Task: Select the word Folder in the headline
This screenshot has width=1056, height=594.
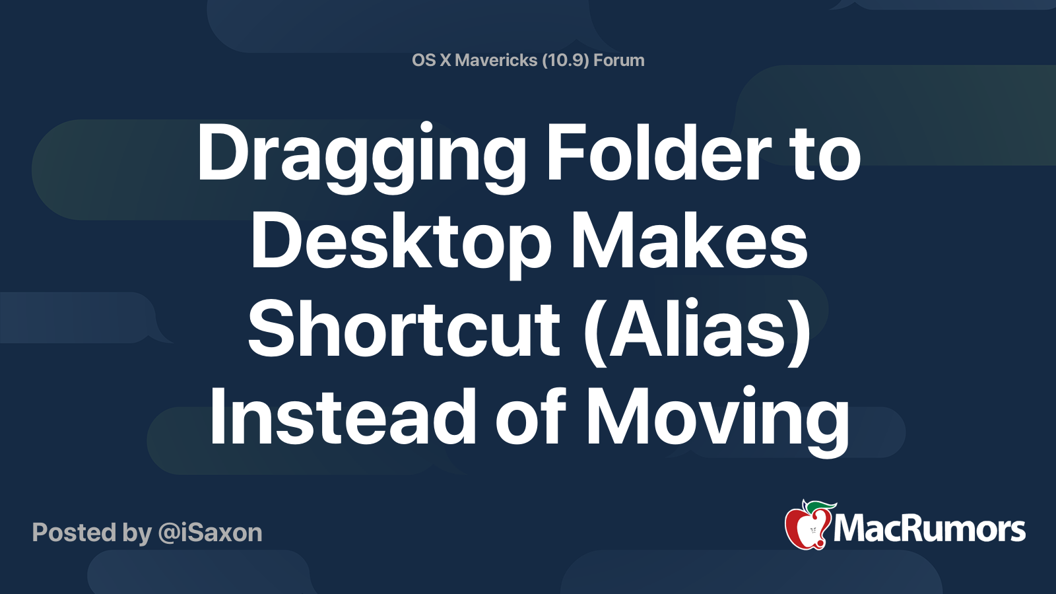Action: [x=659, y=153]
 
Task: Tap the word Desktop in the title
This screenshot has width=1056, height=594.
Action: [x=401, y=243]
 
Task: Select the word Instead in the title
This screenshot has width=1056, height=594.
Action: [x=342, y=417]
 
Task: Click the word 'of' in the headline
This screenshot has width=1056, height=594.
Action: [x=531, y=417]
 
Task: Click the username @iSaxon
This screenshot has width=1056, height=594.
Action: [x=211, y=533]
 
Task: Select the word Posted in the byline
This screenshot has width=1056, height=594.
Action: [x=74, y=533]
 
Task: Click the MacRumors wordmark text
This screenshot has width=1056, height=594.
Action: [x=929, y=529]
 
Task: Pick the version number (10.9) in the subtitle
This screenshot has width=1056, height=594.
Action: [x=565, y=60]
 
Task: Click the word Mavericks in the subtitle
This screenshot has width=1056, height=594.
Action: [x=496, y=60]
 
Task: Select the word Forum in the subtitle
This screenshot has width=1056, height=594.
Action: [x=618, y=60]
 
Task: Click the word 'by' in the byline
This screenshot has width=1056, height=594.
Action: [x=137, y=533]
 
